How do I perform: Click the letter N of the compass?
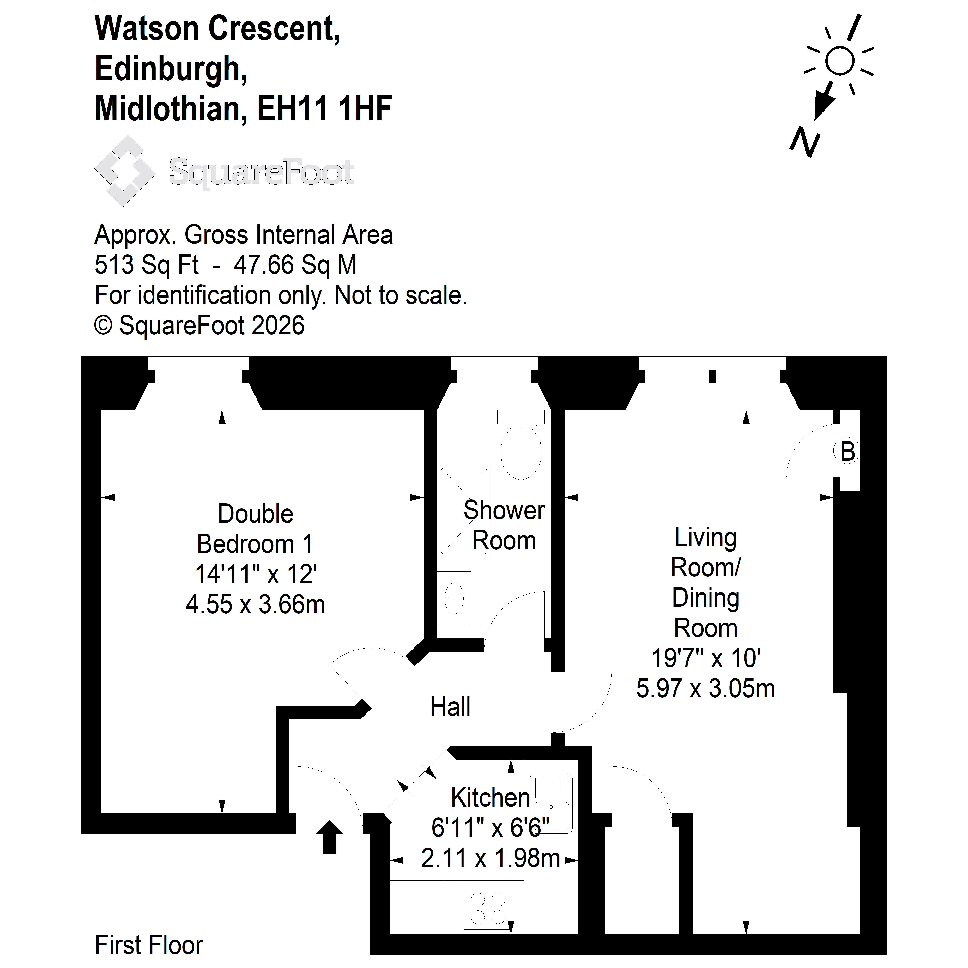click(805, 143)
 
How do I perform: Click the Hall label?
click(450, 707)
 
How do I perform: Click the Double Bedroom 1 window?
click(198, 370)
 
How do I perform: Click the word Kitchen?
click(491, 798)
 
